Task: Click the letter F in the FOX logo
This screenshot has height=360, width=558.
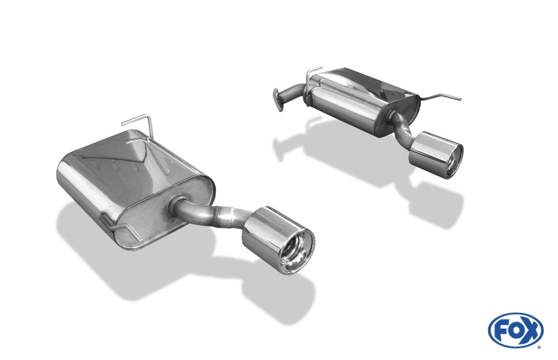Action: (x=502, y=329)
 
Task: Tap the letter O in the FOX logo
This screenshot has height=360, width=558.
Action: (x=515, y=329)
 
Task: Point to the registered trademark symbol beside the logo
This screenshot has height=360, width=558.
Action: (x=538, y=347)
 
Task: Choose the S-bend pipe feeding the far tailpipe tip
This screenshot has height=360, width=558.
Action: (x=403, y=124)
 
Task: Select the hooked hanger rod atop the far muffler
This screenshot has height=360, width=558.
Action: (x=314, y=73)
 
